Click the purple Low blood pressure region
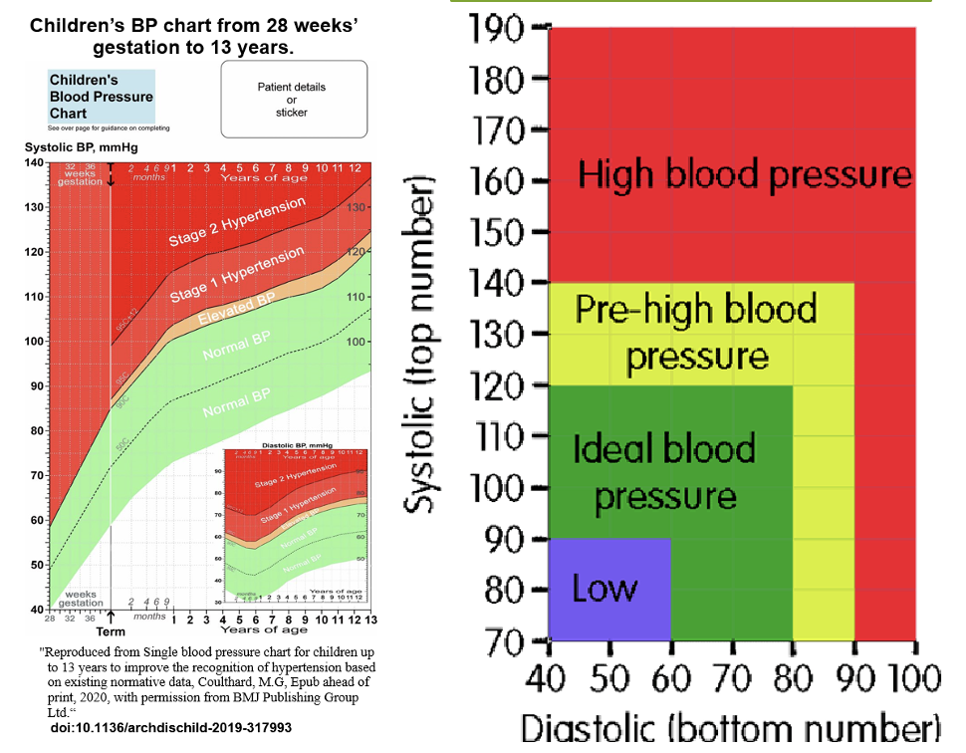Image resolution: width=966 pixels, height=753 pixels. [608, 588]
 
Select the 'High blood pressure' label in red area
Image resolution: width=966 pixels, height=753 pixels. [745, 175]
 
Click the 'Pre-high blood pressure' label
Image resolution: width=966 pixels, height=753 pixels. [697, 332]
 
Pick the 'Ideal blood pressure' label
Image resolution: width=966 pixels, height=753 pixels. [664, 470]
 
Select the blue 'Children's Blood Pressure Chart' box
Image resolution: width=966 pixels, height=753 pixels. [101, 96]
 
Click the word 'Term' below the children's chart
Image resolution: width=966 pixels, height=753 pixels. [110, 631]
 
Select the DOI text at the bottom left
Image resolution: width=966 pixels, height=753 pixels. [170, 728]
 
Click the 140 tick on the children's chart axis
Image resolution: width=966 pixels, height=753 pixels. [33, 162]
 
